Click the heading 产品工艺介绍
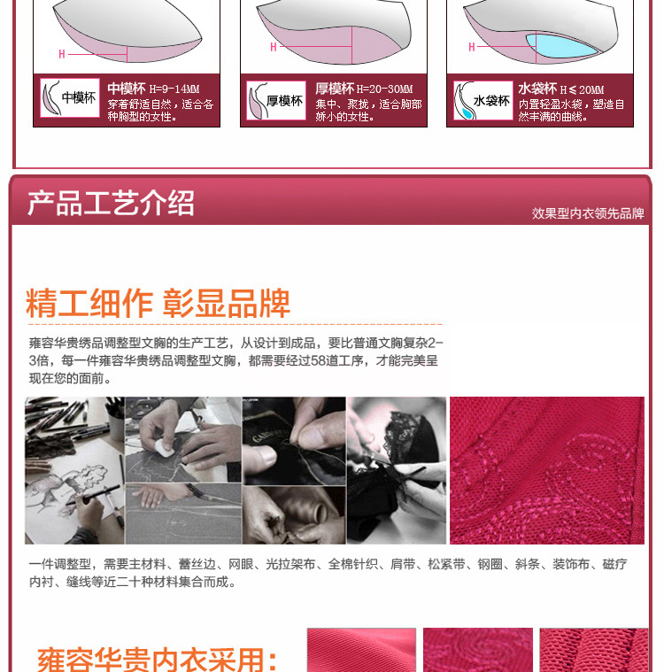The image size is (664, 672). pyautogui.click(x=111, y=203)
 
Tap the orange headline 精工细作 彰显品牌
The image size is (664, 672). pyautogui.click(x=158, y=303)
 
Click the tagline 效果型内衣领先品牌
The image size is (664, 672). pyautogui.click(x=588, y=213)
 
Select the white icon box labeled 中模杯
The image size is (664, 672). pyautogui.click(x=70, y=97)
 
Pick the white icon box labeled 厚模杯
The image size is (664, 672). pyautogui.click(x=276, y=100)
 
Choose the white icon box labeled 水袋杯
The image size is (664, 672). pyautogui.click(x=483, y=100)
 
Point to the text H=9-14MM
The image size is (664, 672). pyautogui.click(x=174, y=89)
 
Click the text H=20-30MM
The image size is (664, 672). pyautogui.click(x=384, y=89)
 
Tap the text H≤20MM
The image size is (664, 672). pyautogui.click(x=582, y=89)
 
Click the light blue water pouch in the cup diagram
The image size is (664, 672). pyautogui.click(x=560, y=45)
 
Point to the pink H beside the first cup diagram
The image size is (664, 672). pyautogui.click(x=62, y=54)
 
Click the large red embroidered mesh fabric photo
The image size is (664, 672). pyautogui.click(x=546, y=470)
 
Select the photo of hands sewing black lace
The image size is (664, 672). pyautogui.click(x=397, y=470)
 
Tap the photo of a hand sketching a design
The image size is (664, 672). pyautogui.click(x=74, y=470)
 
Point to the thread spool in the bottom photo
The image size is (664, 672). pyautogui.click(x=316, y=505)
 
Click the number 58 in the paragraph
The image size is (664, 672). pyautogui.click(x=318, y=360)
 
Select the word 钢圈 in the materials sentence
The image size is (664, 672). pyautogui.click(x=490, y=564)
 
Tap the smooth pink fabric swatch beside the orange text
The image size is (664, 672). pyautogui.click(x=361, y=650)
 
